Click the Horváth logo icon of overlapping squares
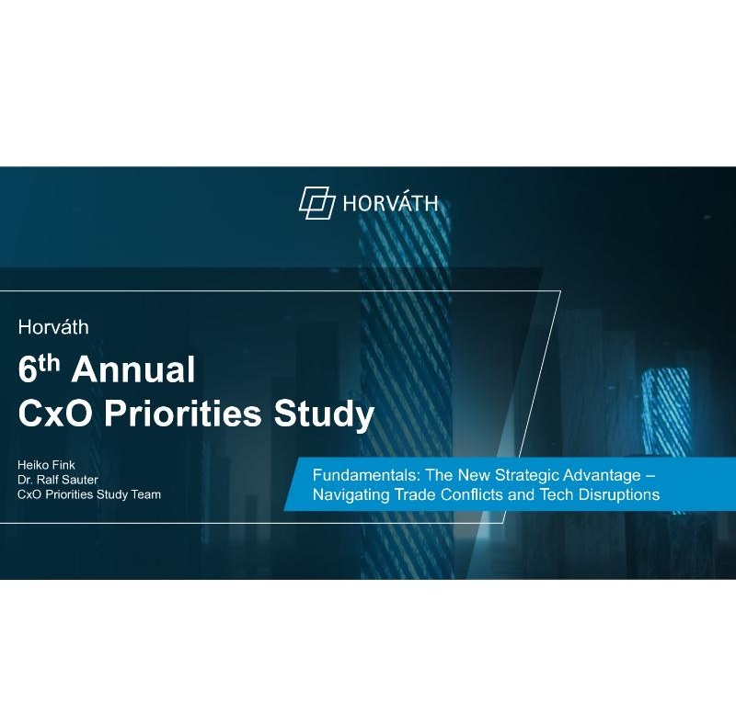(x=317, y=202)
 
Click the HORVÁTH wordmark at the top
(x=390, y=203)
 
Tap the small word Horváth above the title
(x=53, y=327)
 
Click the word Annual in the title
(x=133, y=369)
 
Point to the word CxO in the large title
(x=55, y=414)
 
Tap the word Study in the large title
(x=325, y=414)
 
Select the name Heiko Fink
(x=46, y=465)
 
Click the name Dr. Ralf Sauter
(x=58, y=480)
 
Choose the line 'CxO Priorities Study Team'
(x=89, y=494)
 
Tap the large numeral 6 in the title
(x=28, y=369)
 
